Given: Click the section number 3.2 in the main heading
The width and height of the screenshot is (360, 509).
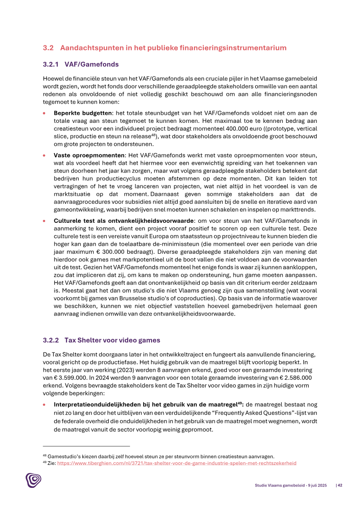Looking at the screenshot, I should (48, 48).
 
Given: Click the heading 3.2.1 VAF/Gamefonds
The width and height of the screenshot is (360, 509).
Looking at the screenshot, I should (81, 64).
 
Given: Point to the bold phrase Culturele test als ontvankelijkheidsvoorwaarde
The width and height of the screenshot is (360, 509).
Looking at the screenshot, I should (124, 221).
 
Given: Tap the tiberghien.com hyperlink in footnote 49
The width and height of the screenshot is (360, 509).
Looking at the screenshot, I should (176, 463).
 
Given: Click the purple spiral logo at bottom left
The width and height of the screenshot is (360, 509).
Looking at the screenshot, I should (33, 480).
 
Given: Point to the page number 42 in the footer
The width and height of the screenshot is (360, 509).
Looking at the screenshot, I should (340, 485).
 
